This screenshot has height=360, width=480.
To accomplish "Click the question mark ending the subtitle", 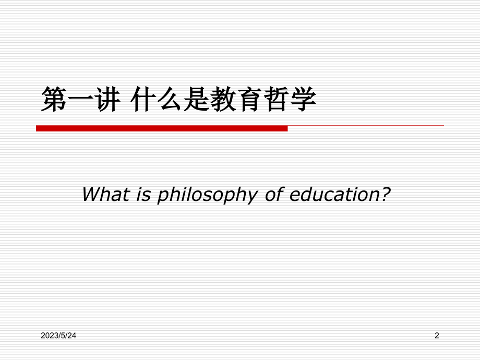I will pos(386,195).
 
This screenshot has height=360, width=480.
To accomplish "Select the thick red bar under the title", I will pos(162,128).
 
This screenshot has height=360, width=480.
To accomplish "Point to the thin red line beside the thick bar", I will pos(365,126).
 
